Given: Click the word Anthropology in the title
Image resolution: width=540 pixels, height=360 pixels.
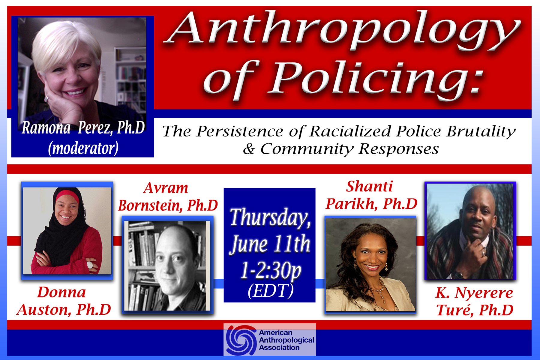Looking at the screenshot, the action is coord(343,31).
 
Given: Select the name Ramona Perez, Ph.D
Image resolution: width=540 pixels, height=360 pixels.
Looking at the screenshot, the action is coord(83,128).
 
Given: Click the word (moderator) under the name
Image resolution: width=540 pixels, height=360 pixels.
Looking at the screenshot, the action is coord(83,148).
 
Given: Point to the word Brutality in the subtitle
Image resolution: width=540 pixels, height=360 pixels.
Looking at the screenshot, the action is coord(481,132).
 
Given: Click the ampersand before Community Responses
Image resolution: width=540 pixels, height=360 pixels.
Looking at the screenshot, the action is coord(249,149).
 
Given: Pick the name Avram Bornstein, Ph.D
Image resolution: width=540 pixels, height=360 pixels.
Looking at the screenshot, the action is coord(168,196).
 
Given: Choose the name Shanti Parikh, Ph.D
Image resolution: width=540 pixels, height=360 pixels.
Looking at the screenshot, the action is coord(371,195).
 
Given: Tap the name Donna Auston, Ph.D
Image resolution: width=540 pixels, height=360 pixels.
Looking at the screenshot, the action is coord(64,301).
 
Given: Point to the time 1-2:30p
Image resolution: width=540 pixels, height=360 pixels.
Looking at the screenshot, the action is coord(271,270).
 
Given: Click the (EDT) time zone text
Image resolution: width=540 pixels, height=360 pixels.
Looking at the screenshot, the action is coord(271,291).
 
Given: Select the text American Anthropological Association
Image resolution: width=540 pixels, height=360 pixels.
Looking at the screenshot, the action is coord(286,340).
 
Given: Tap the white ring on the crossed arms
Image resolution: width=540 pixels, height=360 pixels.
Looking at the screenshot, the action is coord(90,265).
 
